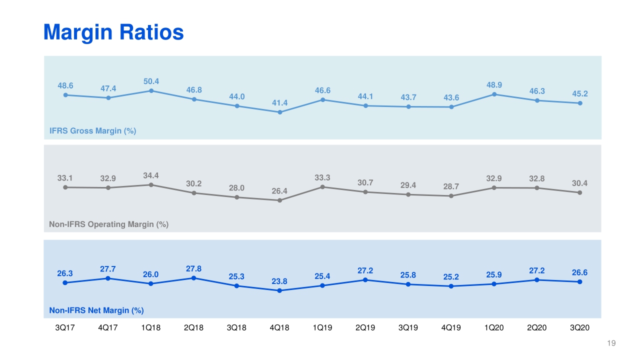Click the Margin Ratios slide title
113,32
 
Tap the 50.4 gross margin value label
151,81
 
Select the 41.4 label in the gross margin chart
280,103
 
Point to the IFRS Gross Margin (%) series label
92,131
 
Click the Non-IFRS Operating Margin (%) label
108,224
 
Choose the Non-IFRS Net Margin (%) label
96,310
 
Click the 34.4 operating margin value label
151,175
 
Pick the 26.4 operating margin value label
280,191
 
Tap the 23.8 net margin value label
280,281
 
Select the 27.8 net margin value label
194,268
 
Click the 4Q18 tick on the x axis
280,328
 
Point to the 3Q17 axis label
65,328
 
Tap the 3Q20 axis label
580,328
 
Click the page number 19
610,343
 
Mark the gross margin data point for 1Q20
494,94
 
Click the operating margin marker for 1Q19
323,187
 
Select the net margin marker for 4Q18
280,290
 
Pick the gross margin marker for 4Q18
280,112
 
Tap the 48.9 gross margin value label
494,85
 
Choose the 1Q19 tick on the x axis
323,328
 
